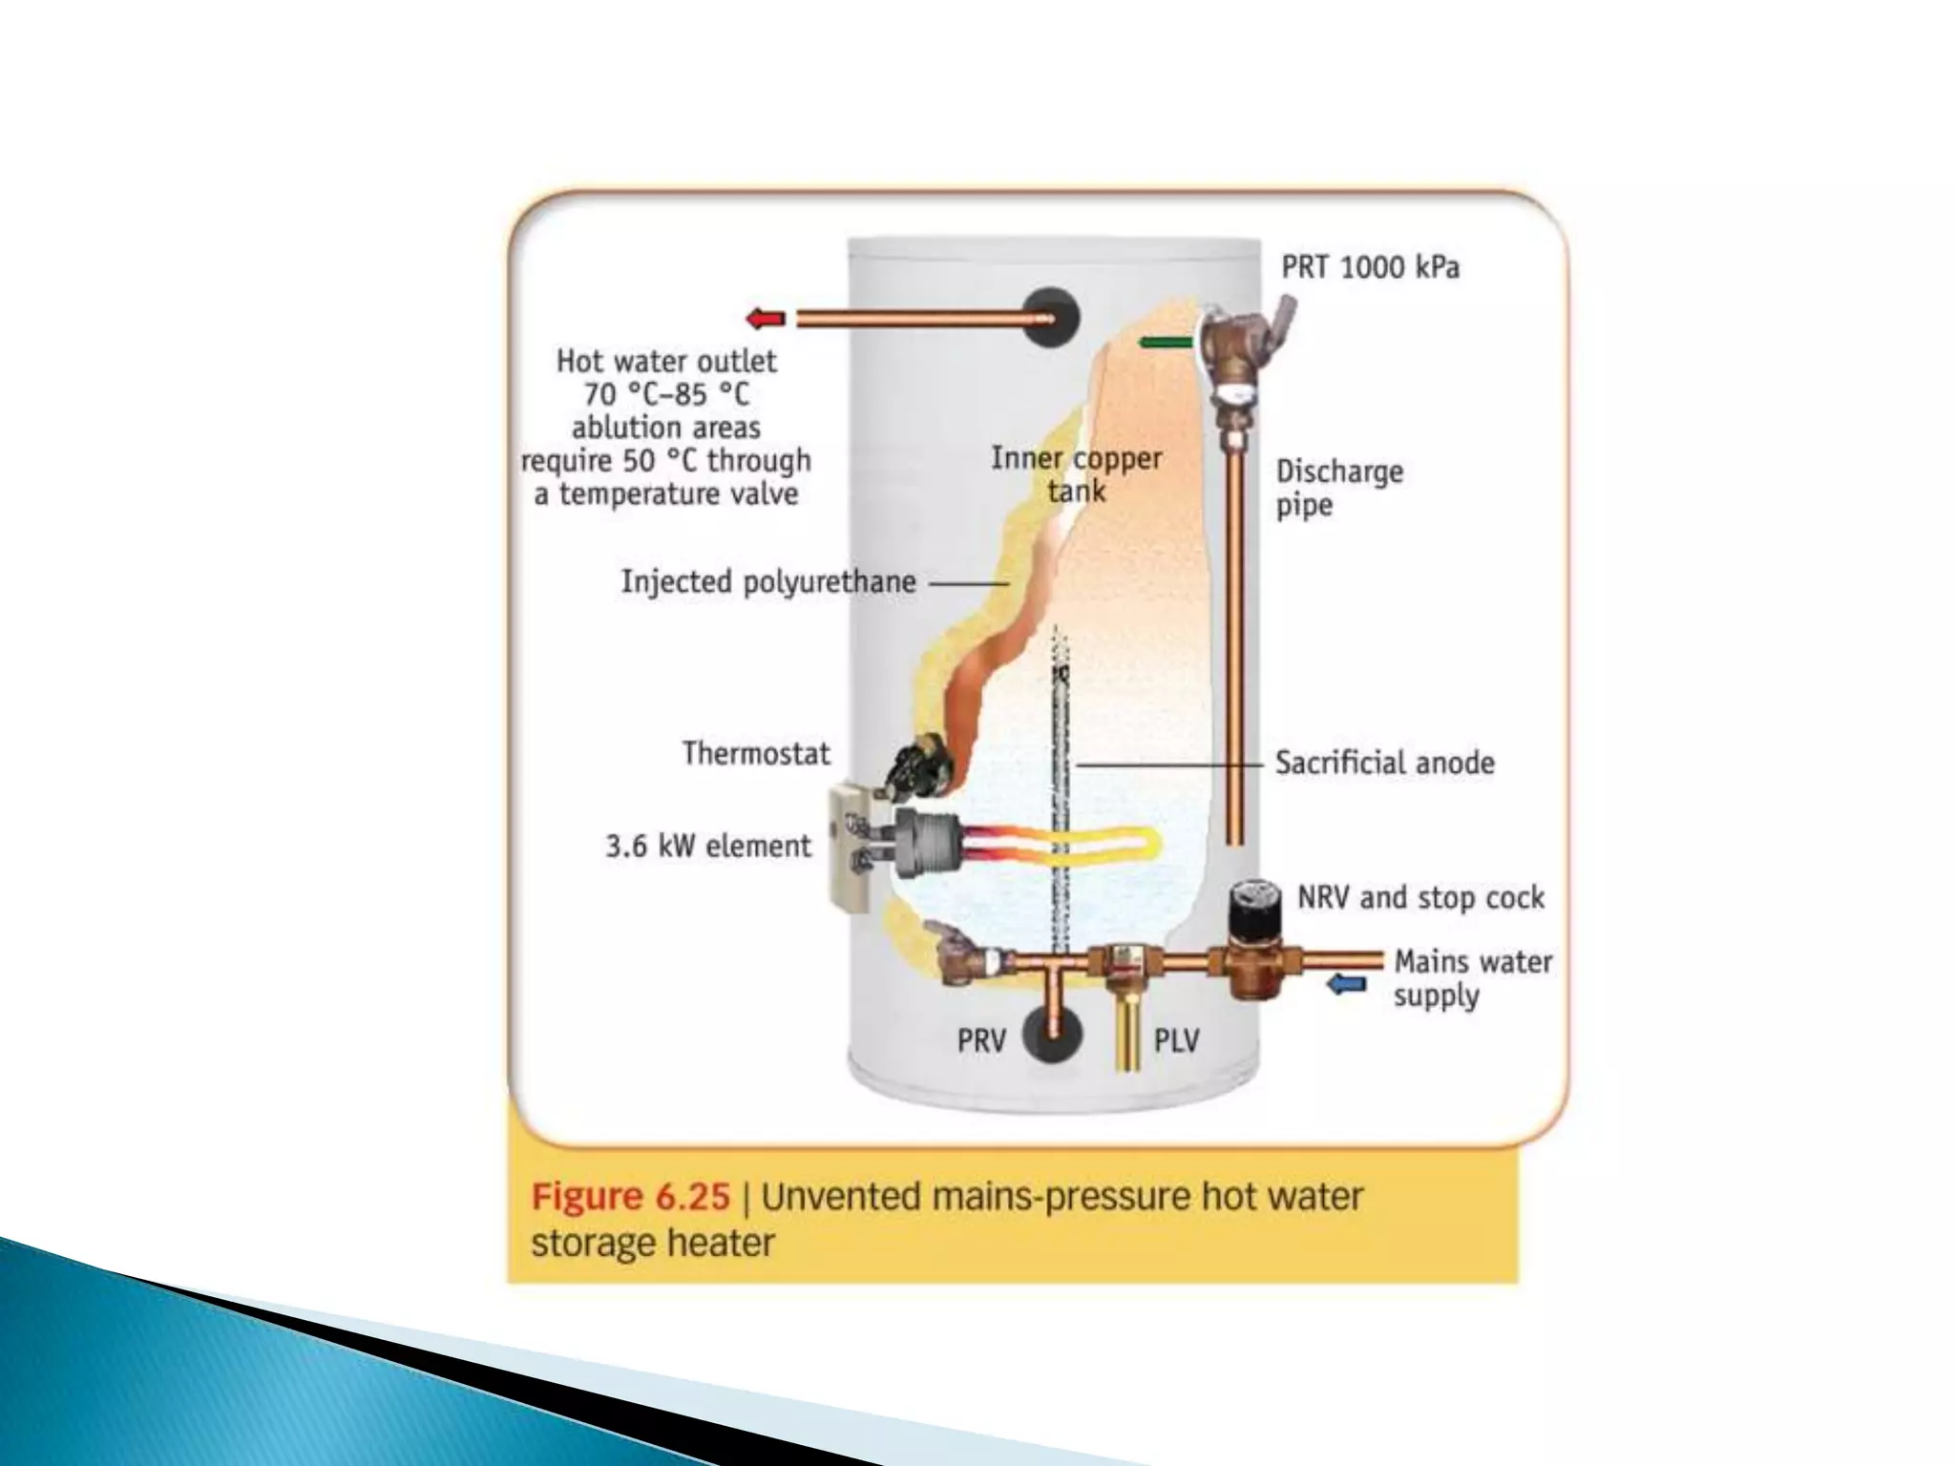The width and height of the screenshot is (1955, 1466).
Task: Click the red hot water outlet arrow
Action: tap(766, 319)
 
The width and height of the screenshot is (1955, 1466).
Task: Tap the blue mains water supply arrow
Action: tap(1347, 983)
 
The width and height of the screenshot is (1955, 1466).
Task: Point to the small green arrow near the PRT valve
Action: tap(1166, 342)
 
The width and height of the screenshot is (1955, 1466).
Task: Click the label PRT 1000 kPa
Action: tap(1370, 267)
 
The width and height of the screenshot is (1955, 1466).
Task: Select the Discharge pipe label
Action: tap(1339, 488)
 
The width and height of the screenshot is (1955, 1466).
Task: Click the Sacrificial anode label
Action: tap(1384, 763)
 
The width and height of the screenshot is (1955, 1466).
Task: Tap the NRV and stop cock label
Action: tap(1420, 897)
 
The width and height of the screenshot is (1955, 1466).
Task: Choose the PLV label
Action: tap(1176, 1040)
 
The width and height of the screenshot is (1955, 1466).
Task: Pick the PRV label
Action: tap(981, 1040)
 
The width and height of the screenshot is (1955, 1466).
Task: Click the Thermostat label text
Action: tap(756, 753)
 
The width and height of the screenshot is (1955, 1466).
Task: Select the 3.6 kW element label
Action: tap(707, 846)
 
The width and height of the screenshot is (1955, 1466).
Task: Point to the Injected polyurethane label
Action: tap(768, 581)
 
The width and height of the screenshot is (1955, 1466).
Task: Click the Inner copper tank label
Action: tap(1076, 474)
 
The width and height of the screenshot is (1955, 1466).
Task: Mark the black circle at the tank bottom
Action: tap(1052, 1035)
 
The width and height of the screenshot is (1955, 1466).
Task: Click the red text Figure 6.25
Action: tap(630, 1197)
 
